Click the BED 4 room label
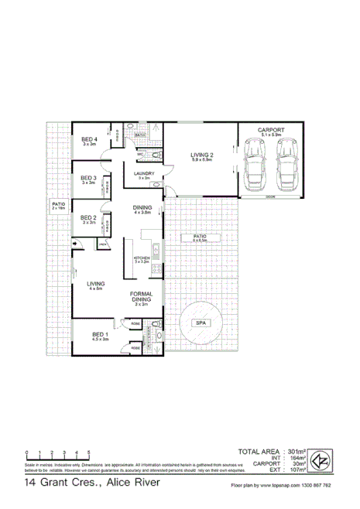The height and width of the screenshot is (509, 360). [90, 138]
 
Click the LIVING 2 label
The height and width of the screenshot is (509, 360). [202, 155]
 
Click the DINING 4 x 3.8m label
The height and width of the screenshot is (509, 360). [142, 208]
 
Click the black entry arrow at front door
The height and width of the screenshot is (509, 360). [74, 245]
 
